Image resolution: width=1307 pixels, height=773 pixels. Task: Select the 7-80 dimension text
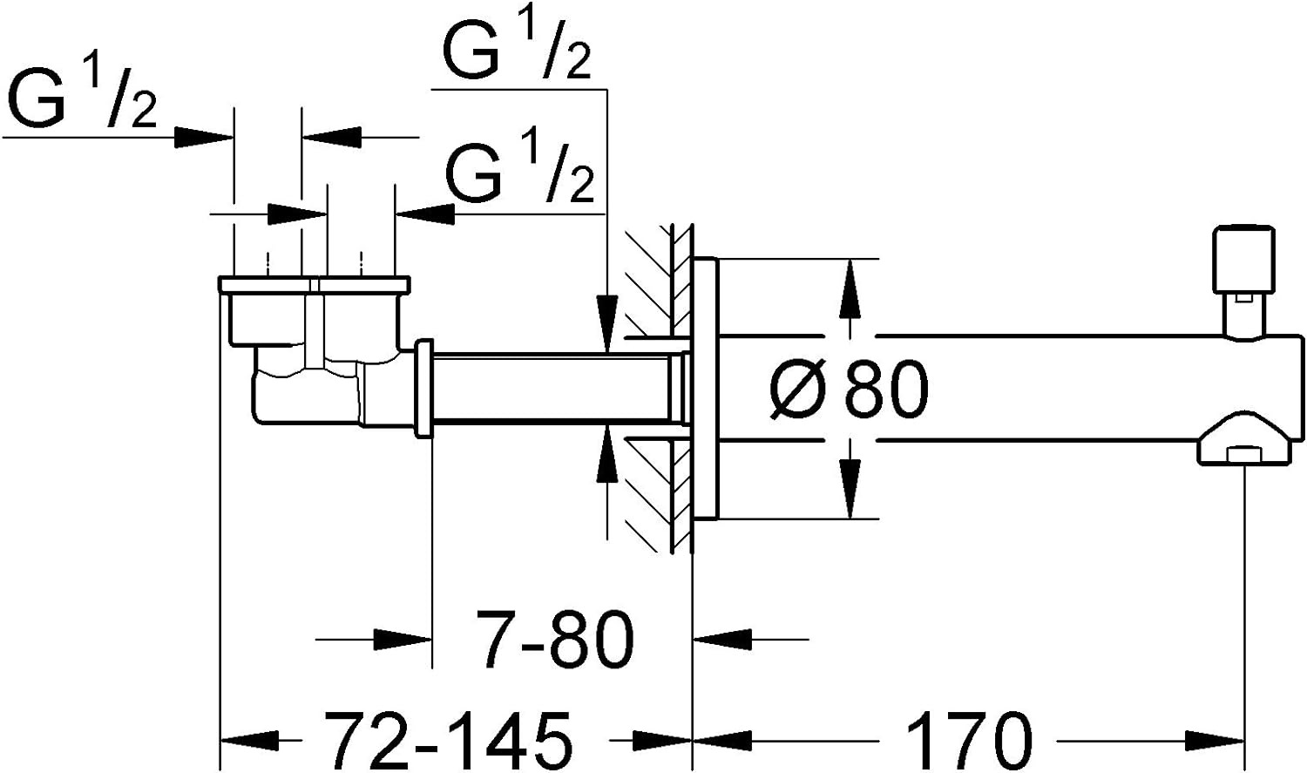[x=555, y=641]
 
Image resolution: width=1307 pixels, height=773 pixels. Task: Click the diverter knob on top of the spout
[x=1245, y=259]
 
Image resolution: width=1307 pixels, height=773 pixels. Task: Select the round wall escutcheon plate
[x=705, y=388]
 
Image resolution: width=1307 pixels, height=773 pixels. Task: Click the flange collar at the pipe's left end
[x=425, y=389]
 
